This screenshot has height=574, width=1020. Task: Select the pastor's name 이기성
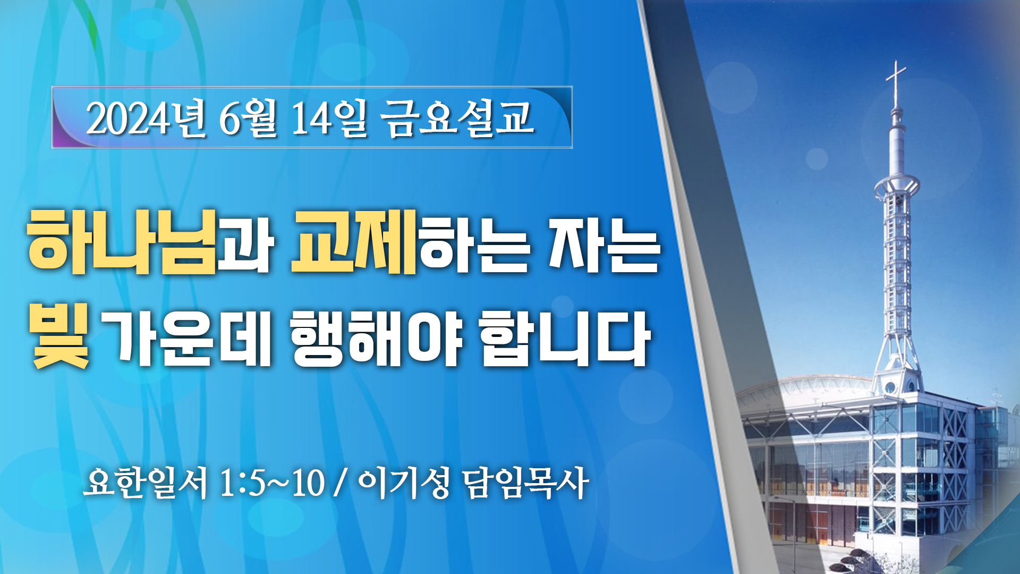(404, 483)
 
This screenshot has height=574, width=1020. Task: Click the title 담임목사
(525, 483)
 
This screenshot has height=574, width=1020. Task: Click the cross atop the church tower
(896, 82)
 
